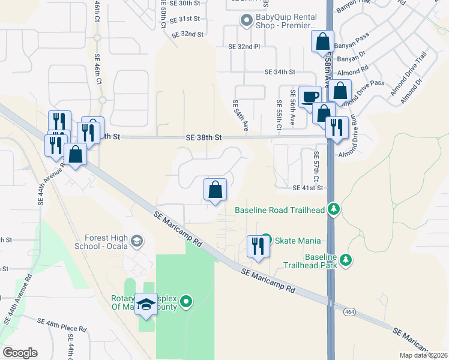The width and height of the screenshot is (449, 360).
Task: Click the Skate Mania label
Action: click(x=297, y=241)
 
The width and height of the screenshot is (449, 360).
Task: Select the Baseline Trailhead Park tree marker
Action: click(x=345, y=260)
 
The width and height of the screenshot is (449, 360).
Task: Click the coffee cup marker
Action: click(x=310, y=97)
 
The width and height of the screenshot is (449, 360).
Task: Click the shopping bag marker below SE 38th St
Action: click(x=215, y=190)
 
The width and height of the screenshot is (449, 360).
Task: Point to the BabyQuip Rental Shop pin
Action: click(x=246, y=21)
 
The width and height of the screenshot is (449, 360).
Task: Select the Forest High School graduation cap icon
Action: click(x=137, y=241)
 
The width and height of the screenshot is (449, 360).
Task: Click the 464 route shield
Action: click(x=350, y=312)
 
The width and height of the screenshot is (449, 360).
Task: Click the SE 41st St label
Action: click(x=308, y=188)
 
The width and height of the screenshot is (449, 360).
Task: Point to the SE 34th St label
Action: click(x=280, y=72)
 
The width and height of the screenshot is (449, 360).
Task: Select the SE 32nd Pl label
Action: click(x=244, y=46)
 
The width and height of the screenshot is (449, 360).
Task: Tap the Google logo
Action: click(x=20, y=353)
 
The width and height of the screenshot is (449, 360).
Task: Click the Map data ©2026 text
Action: click(x=423, y=355)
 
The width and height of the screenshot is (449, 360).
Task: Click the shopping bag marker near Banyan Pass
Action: click(x=322, y=42)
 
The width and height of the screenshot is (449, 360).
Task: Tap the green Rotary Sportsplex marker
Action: click(x=187, y=301)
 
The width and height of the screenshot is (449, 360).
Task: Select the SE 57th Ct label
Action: click(x=316, y=166)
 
